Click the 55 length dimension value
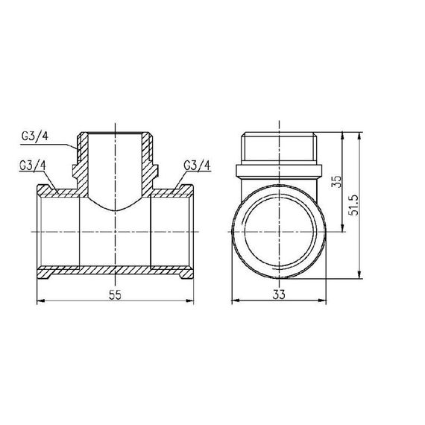[x=115, y=294]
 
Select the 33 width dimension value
[x=280, y=294]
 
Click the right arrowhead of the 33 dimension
[x=322, y=301]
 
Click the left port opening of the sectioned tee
[x=42, y=231]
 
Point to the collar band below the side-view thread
[x=280, y=169]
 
